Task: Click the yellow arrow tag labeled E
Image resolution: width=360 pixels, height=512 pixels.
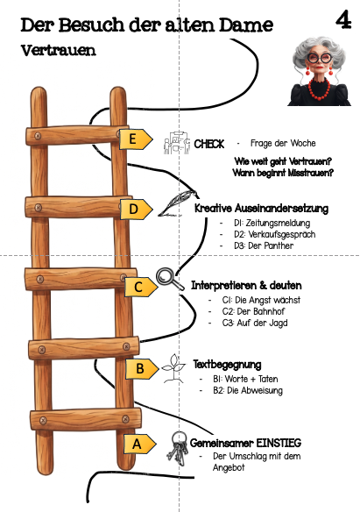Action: [x=135, y=139]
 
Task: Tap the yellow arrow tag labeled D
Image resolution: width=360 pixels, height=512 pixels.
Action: [x=136, y=209]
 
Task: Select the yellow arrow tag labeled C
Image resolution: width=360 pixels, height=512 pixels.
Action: [x=141, y=287]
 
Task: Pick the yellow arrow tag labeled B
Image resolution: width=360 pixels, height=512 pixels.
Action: [x=142, y=368]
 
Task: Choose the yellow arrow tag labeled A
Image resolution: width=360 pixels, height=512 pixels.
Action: [x=139, y=444]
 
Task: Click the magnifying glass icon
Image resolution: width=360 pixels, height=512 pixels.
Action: [x=170, y=279]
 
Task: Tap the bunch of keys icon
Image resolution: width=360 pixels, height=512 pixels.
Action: [x=178, y=449]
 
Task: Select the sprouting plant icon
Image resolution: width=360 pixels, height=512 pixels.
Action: [x=173, y=368]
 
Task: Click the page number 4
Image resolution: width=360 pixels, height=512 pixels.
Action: [x=343, y=20]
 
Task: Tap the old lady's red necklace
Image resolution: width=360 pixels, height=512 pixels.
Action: [x=319, y=89]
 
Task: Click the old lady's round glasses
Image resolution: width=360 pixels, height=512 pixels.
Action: [x=319, y=58]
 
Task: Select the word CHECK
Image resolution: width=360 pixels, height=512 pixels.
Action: [x=209, y=144]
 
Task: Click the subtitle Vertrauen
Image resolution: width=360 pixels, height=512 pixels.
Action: [x=59, y=50]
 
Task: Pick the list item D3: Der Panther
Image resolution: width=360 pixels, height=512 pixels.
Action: [x=264, y=245]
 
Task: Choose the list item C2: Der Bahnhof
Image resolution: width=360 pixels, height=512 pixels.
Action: [x=253, y=311]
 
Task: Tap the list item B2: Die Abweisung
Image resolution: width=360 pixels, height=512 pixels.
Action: [x=248, y=390]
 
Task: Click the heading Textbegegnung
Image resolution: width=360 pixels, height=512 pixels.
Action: [x=227, y=365]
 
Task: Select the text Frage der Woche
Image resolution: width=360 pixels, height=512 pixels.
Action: [x=283, y=143]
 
